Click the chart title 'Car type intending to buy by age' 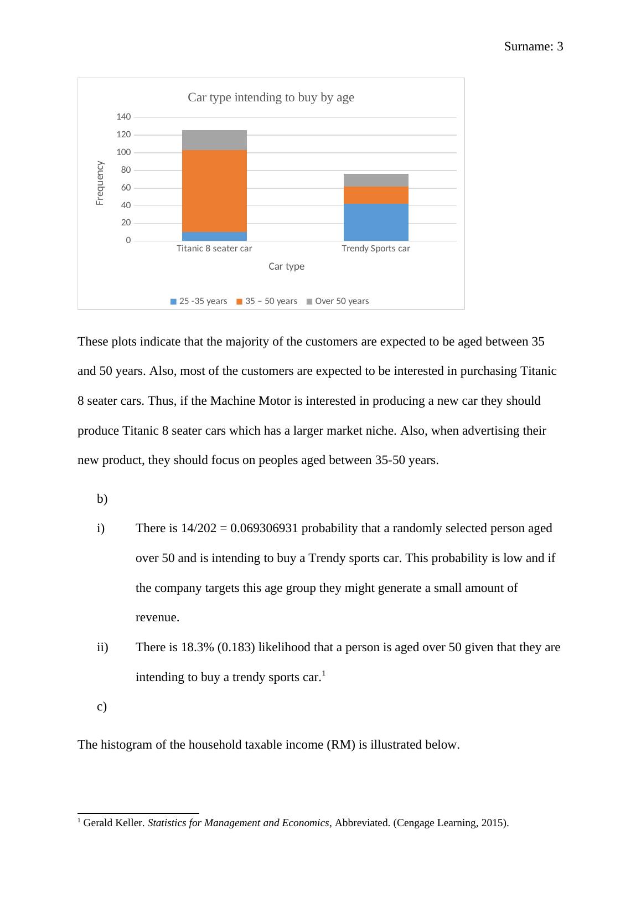(271, 97)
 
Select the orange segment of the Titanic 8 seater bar (214, 191)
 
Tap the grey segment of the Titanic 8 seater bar (214, 140)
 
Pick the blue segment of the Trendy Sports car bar (376, 222)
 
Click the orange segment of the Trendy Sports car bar (376, 195)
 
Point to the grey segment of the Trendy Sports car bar (376, 180)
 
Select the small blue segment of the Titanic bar (214, 236)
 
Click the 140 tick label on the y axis (123, 117)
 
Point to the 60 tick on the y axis (126, 188)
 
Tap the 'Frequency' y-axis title (100, 183)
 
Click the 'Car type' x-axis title (286, 266)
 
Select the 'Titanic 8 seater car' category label (214, 249)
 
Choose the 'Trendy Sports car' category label (376, 249)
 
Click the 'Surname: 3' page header (533, 47)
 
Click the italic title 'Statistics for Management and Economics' (238, 823)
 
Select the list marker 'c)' (102, 707)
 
